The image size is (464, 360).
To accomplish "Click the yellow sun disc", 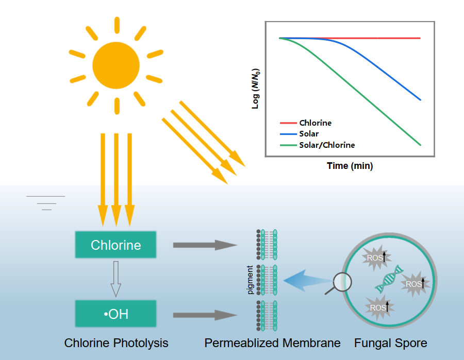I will (x=116, y=65).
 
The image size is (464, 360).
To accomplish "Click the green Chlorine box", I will (x=116, y=245).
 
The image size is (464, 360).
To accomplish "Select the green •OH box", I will (x=116, y=314).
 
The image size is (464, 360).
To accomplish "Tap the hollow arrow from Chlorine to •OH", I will (x=116, y=279).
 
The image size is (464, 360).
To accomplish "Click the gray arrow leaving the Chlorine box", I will (x=201, y=245).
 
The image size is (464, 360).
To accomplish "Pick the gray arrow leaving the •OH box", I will (x=201, y=314).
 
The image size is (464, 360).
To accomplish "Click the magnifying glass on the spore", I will (x=341, y=282).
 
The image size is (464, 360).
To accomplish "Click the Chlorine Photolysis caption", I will (x=116, y=342).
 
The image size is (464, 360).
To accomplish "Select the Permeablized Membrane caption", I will (x=272, y=342).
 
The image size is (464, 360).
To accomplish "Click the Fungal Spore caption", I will (x=390, y=342).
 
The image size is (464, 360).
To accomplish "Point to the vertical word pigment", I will (x=250, y=280).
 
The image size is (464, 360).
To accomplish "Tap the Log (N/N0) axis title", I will (x=256, y=88).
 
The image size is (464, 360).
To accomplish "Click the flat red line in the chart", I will (x=361, y=38).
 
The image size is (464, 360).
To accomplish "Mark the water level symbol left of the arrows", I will (x=46, y=203).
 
